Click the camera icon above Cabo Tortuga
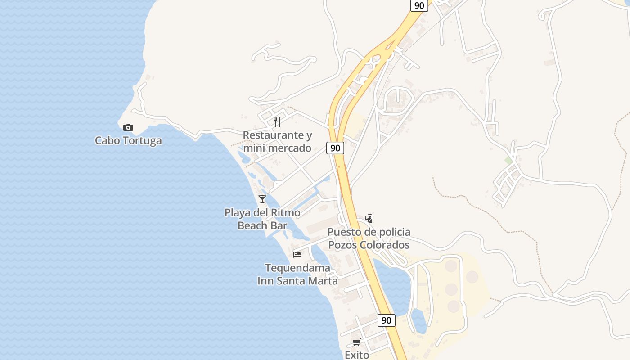128,128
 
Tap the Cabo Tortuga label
128,141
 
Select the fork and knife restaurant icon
277,121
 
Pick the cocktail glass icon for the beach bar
262,199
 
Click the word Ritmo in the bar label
285,212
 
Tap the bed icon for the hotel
297,254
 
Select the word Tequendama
297,268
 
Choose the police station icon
369,219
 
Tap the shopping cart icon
357,342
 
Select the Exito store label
357,355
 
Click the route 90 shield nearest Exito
386,320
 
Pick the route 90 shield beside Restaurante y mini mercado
335,148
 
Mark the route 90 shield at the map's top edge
419,5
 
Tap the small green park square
508,161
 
